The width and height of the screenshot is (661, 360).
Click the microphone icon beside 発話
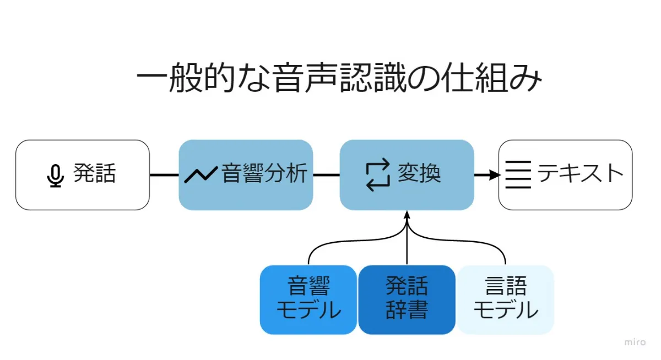point(55,175)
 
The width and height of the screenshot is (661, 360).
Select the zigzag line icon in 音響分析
point(201,174)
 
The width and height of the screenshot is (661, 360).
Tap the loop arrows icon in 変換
point(378,174)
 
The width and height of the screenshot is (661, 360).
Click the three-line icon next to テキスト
point(518,174)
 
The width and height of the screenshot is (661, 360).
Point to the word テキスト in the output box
point(580,174)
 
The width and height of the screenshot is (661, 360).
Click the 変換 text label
point(419,174)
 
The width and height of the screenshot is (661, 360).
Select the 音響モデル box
point(308,299)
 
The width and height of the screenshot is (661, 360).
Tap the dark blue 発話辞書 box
point(407,299)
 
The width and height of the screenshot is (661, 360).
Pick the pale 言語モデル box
point(505,299)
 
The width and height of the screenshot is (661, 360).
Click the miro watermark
point(635,342)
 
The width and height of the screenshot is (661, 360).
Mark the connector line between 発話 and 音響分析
point(164,175)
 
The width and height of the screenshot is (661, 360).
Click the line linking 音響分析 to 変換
point(326,175)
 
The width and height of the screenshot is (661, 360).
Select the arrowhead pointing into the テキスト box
point(494,175)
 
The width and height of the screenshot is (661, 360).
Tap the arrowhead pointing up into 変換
point(407,216)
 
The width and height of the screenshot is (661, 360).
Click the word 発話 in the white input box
point(95,174)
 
